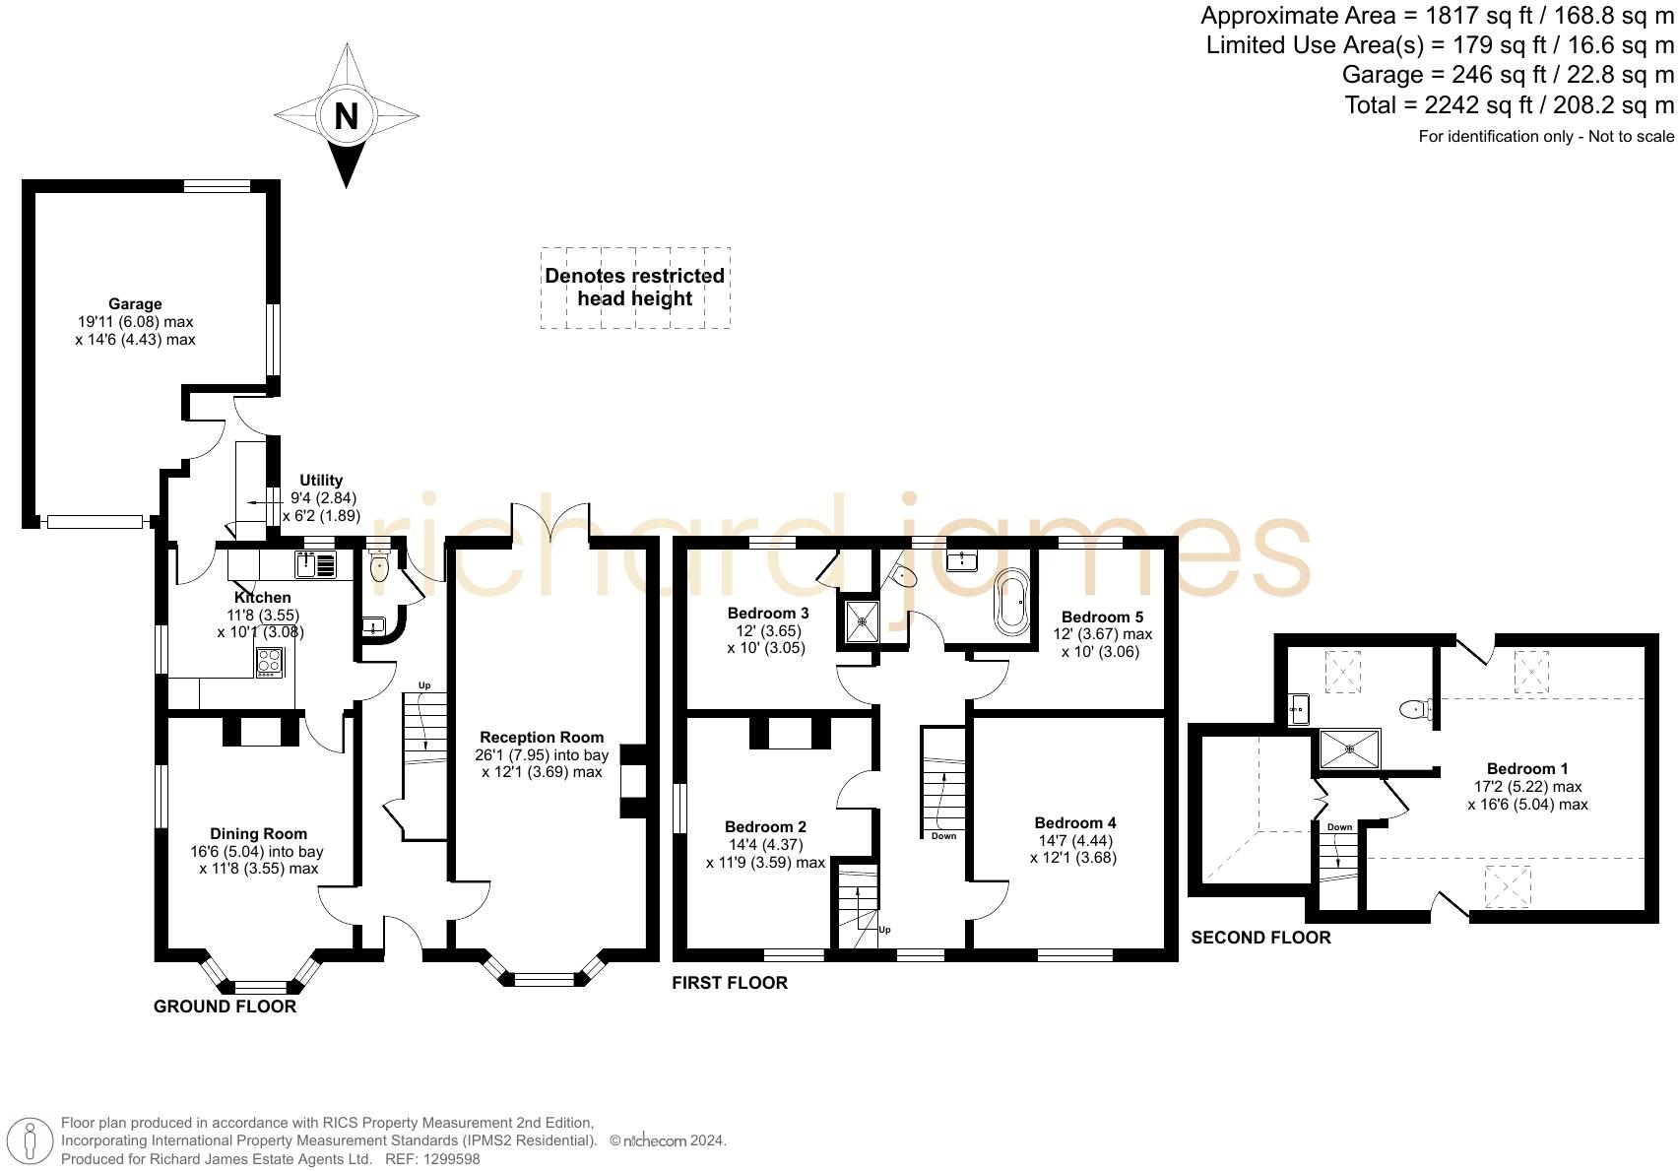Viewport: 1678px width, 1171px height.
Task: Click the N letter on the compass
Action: [346, 116]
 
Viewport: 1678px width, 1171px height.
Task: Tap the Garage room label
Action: [135, 304]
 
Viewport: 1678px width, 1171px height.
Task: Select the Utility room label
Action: [321, 481]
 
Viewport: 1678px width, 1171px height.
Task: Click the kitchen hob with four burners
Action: [269, 662]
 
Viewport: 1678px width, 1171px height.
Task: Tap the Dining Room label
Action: [258, 834]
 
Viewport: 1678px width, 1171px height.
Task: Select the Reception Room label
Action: [542, 738]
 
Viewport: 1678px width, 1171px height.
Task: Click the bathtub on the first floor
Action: [1012, 600]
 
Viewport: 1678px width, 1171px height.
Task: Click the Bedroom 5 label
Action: [1102, 618]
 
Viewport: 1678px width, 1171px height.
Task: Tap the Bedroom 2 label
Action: [765, 827]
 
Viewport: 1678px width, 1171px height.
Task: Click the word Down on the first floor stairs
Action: [942, 836]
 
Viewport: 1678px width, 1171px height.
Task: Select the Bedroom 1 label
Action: [1527, 769]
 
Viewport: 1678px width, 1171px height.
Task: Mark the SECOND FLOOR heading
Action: [1260, 938]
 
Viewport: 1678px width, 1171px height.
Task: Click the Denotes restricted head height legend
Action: [635, 288]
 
